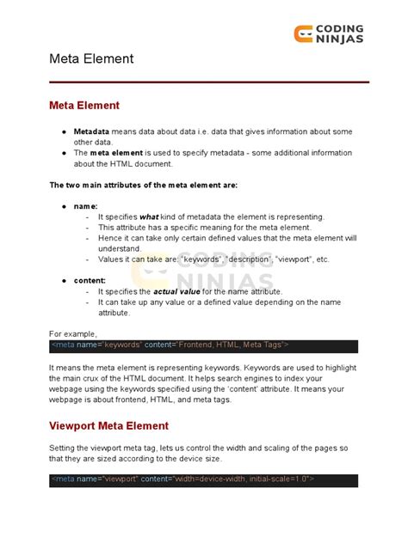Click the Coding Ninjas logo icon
[303, 33]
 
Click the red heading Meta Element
[83, 106]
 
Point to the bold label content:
[90, 280]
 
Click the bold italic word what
[149, 217]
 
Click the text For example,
[73, 333]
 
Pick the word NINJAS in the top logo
[338, 39]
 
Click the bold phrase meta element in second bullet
[118, 153]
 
